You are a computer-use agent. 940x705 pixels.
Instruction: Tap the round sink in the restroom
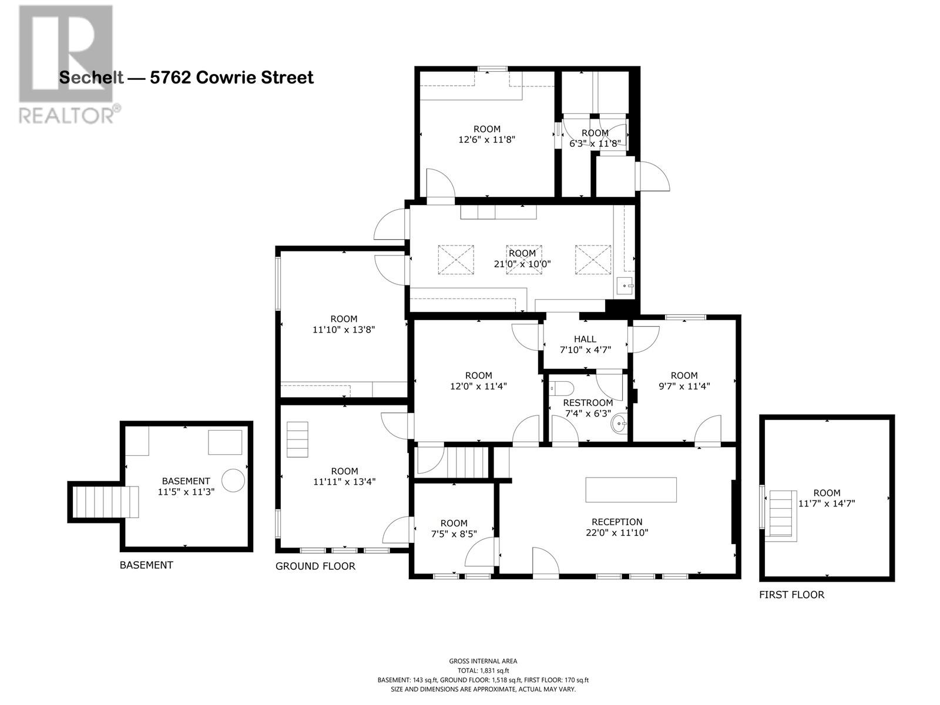[x=619, y=424]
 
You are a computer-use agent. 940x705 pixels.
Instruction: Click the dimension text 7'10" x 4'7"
[x=585, y=350]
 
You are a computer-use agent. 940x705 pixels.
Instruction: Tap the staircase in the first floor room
[x=781, y=513]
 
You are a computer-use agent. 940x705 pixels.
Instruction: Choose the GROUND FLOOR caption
[x=315, y=566]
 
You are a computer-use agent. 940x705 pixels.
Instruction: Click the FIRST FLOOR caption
[x=791, y=595]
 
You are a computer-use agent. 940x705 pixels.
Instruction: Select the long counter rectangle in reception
[x=630, y=489]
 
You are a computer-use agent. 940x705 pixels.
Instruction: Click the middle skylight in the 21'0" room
[x=523, y=260]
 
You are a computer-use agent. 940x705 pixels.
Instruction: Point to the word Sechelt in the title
[x=91, y=78]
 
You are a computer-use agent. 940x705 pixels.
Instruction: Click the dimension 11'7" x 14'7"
[x=827, y=503]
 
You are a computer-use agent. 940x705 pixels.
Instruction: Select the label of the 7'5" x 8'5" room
[x=454, y=523]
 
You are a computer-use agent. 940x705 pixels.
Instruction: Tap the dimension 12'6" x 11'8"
[x=486, y=140]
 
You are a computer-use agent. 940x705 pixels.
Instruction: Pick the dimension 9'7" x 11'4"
[x=684, y=386]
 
